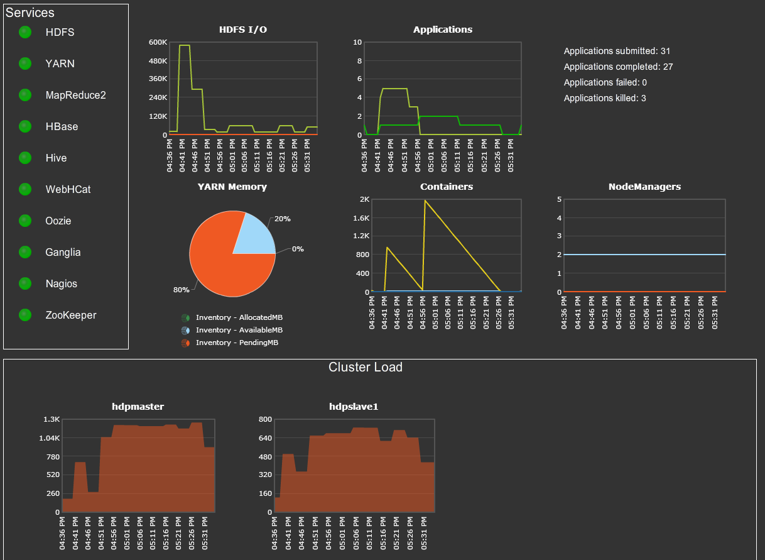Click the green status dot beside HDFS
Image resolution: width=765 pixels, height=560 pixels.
[x=25, y=32]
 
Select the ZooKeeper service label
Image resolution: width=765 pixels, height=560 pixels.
[x=71, y=315]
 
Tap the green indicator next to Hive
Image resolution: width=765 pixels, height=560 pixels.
[x=25, y=158]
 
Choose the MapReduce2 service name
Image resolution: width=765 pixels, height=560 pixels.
[x=75, y=95]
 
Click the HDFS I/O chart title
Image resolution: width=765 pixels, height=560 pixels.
[x=243, y=30]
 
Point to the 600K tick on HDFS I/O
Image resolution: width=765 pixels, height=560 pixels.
[x=158, y=42]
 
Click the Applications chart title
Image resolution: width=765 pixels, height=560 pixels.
[x=443, y=30]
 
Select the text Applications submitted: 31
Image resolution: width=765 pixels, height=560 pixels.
[x=617, y=51]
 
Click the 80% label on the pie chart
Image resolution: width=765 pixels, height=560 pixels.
[x=181, y=290]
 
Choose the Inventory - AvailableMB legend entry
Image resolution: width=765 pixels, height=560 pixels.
[x=239, y=330]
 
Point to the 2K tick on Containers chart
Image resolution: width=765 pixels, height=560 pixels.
[x=364, y=199]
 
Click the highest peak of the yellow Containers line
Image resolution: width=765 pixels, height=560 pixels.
[x=425, y=200]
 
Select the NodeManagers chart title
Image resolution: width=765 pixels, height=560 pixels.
[x=644, y=187]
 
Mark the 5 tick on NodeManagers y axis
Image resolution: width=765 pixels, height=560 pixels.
[x=558, y=199]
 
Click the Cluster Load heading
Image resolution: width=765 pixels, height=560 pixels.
[x=366, y=367]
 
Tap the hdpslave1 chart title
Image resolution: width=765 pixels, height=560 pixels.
[x=354, y=407]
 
